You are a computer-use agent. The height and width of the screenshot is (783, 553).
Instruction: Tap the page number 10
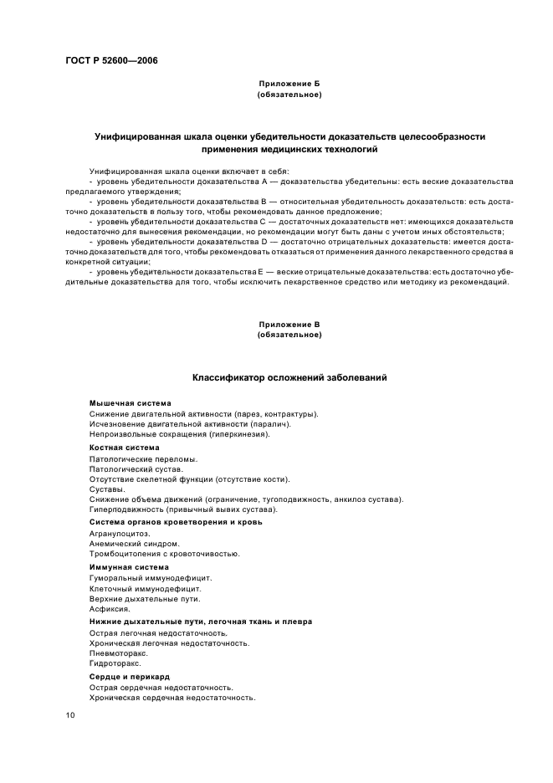tap(70, 715)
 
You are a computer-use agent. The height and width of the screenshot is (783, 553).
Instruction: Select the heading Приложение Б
tap(289, 84)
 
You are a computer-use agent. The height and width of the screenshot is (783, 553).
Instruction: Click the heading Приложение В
tap(289, 324)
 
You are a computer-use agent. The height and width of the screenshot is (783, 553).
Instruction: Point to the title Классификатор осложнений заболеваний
tap(289, 378)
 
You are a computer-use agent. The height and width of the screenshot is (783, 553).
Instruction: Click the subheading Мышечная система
tap(130, 403)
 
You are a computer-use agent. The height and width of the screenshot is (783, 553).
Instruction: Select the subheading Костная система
tap(124, 448)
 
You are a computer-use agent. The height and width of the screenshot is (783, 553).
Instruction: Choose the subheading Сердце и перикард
tap(130, 676)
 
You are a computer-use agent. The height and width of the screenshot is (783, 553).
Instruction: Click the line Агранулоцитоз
tap(119, 533)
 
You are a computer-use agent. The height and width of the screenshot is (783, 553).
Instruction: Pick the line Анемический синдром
tap(128, 543)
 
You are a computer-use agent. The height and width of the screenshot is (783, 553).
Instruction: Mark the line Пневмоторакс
tap(118, 653)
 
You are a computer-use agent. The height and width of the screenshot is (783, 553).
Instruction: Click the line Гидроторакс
tap(116, 663)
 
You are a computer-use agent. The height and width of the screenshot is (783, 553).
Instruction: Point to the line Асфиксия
tap(109, 609)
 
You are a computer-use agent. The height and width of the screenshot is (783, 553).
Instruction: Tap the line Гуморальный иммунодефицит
tap(151, 577)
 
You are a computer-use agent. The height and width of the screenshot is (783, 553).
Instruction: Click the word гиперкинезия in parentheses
tap(239, 434)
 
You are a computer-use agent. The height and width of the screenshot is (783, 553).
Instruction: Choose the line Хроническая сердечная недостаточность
tap(172, 697)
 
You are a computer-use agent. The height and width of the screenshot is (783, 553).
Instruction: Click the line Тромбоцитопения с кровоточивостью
tap(164, 553)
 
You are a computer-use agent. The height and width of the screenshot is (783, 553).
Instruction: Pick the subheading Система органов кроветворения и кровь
tap(176, 522)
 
